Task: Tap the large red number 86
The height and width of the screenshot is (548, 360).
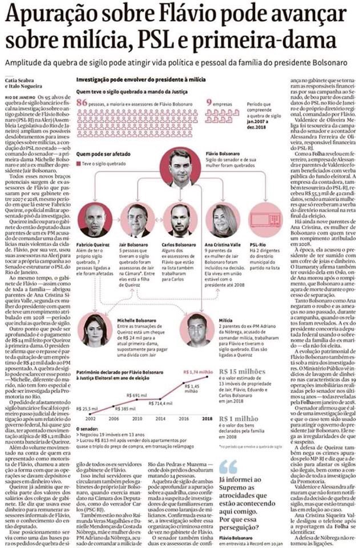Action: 82,102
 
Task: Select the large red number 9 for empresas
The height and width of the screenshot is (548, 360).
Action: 209,102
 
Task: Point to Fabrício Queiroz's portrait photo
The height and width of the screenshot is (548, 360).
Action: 95,220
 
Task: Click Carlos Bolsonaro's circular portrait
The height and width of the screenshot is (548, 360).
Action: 180,220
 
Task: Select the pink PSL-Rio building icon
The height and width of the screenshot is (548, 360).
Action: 265,220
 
